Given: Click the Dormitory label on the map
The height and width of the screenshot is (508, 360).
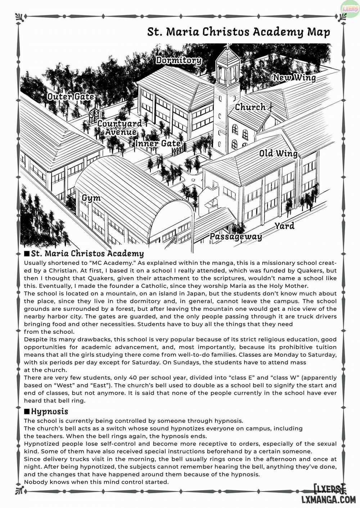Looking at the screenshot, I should [x=178, y=60].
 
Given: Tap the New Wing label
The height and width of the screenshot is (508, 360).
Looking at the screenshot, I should [x=294, y=77].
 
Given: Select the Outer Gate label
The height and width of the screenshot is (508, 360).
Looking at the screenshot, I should [x=71, y=96].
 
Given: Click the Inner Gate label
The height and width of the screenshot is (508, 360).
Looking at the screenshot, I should [x=158, y=143].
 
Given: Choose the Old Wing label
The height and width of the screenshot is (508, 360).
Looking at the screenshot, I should [x=278, y=154].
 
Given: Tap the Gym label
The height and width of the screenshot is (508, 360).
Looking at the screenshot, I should [x=91, y=198].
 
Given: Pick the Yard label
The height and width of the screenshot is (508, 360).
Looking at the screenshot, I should [x=284, y=226].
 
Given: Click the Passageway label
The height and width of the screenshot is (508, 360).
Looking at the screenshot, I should [x=235, y=237].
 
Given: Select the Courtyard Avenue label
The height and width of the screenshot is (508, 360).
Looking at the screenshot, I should [x=120, y=128].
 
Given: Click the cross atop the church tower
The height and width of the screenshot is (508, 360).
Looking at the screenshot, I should [x=228, y=46].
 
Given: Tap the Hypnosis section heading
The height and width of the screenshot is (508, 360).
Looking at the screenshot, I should [x=49, y=411].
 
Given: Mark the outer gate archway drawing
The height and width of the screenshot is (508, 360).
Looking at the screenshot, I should [x=94, y=115].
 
